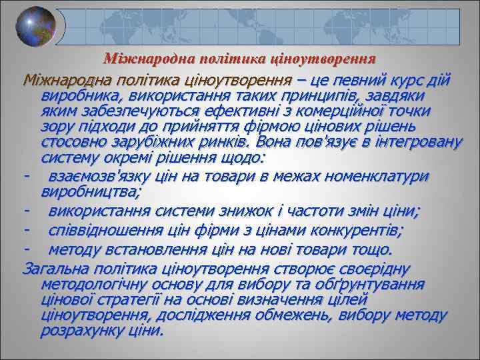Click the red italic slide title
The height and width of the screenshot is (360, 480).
[241, 59]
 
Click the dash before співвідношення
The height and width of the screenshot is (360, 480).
[26, 231]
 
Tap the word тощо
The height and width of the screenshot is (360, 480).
[373, 250]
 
